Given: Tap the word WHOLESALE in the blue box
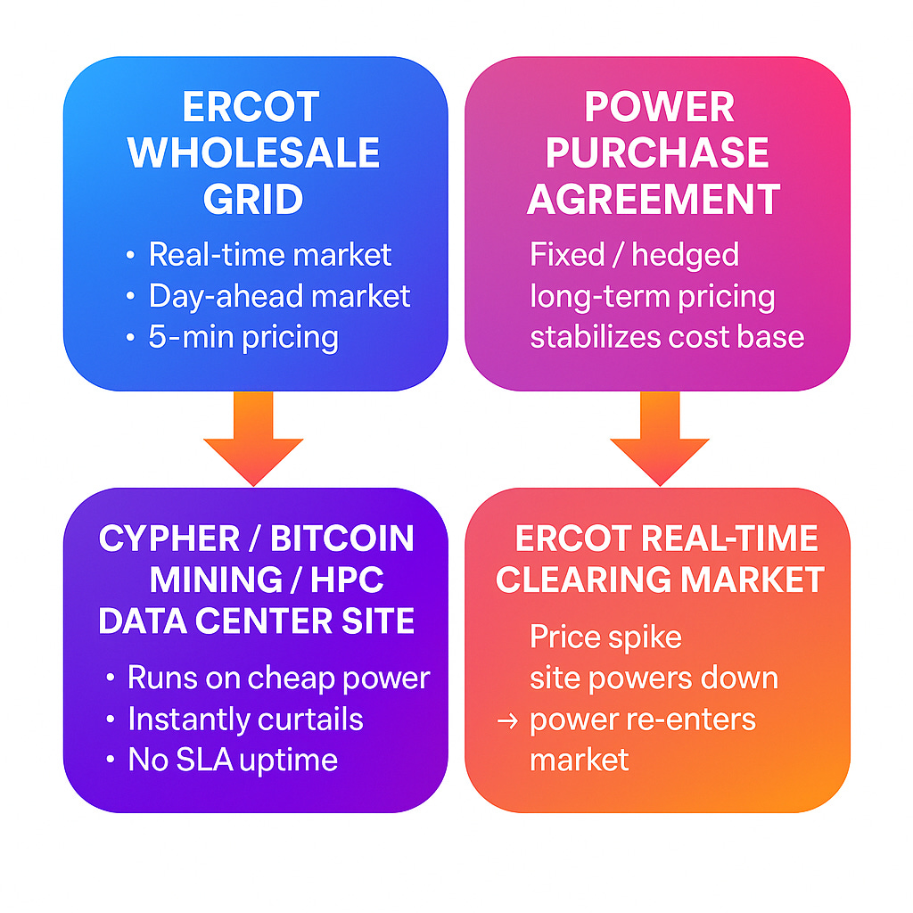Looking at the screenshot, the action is (254, 153).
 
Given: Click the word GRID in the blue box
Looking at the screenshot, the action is (254, 199).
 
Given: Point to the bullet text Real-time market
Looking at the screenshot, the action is (269, 255).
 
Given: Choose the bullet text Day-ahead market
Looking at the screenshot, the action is (279, 296).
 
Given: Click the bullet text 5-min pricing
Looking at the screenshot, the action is (243, 337).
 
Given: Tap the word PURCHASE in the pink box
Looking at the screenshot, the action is (657, 153).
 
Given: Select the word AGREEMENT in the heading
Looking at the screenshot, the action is (654, 199).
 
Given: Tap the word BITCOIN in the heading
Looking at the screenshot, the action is (342, 539).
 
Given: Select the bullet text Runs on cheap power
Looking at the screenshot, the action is (278, 678).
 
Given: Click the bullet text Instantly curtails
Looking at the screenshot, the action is (245, 719).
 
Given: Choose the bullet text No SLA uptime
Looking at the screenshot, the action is (233, 760).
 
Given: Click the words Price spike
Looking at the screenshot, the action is (605, 637).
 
